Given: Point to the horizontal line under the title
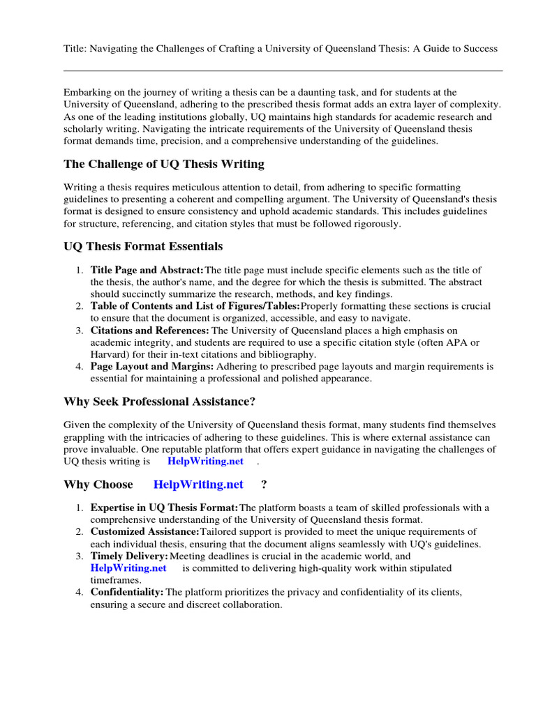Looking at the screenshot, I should [283, 70].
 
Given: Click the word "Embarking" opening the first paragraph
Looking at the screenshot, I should [87, 92].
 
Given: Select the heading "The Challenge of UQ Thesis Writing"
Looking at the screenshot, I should [164, 165].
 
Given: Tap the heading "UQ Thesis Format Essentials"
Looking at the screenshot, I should [143, 246].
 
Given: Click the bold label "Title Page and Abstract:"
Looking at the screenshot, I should [147, 270].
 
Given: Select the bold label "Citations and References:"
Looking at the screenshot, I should [149, 330].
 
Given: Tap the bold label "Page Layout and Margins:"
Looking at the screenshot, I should [152, 366].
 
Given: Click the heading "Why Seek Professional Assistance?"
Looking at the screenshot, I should [160, 402].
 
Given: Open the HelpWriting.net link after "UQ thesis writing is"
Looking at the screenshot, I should [205, 462].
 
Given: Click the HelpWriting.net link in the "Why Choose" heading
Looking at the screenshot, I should [198, 485].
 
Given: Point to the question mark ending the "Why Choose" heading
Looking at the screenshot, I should [264, 485].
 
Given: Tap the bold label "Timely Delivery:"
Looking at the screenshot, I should [130, 556].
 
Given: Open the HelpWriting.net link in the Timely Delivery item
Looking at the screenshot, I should [128, 568].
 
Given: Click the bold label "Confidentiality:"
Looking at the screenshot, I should [127, 592].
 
